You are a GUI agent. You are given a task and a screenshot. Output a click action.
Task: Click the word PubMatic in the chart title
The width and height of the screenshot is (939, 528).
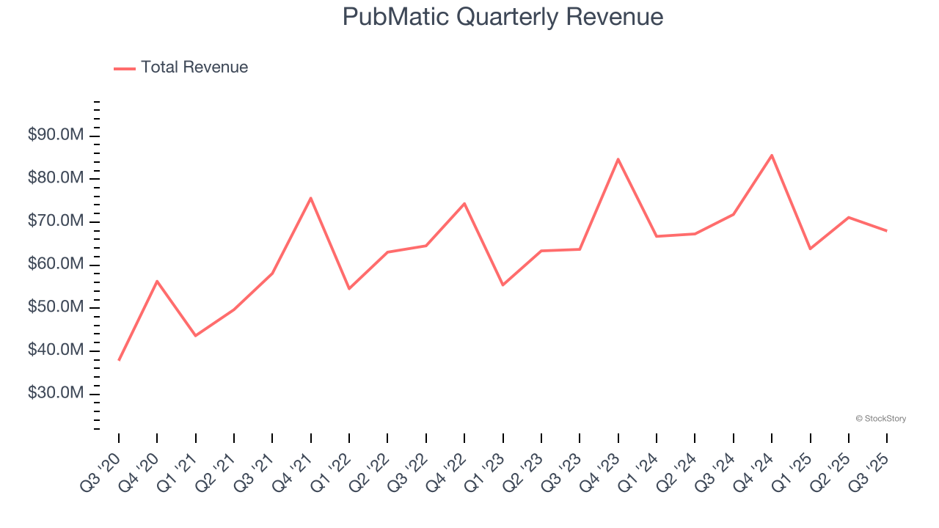point(395,17)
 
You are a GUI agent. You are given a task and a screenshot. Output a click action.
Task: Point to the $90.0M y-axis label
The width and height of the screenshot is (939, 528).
point(56,136)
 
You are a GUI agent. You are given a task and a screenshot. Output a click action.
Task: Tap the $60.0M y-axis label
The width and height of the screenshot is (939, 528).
point(56,265)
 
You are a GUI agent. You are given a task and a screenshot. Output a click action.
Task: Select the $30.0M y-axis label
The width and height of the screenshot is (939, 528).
point(56,394)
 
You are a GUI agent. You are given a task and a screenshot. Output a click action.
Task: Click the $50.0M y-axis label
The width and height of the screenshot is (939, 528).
point(56,308)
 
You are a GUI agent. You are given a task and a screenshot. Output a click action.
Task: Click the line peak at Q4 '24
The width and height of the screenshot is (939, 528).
point(772,155)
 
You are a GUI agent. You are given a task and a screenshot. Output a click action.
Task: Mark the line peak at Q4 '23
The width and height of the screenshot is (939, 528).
point(618,159)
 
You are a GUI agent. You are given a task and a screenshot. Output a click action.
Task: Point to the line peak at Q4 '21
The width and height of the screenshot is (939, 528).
point(311,198)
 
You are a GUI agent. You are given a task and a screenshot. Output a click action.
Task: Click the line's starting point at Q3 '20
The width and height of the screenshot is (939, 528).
point(119,360)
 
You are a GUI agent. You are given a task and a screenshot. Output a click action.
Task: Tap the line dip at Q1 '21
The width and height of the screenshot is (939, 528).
point(195,336)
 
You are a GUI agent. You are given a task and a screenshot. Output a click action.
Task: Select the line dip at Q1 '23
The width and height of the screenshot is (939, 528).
point(503,285)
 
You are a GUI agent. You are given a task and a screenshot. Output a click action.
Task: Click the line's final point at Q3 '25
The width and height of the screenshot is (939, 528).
point(887,231)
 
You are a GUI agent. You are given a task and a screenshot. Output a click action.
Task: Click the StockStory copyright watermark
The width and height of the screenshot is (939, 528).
point(880,419)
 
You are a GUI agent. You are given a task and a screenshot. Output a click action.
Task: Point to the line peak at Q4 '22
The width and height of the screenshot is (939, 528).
point(464,203)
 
